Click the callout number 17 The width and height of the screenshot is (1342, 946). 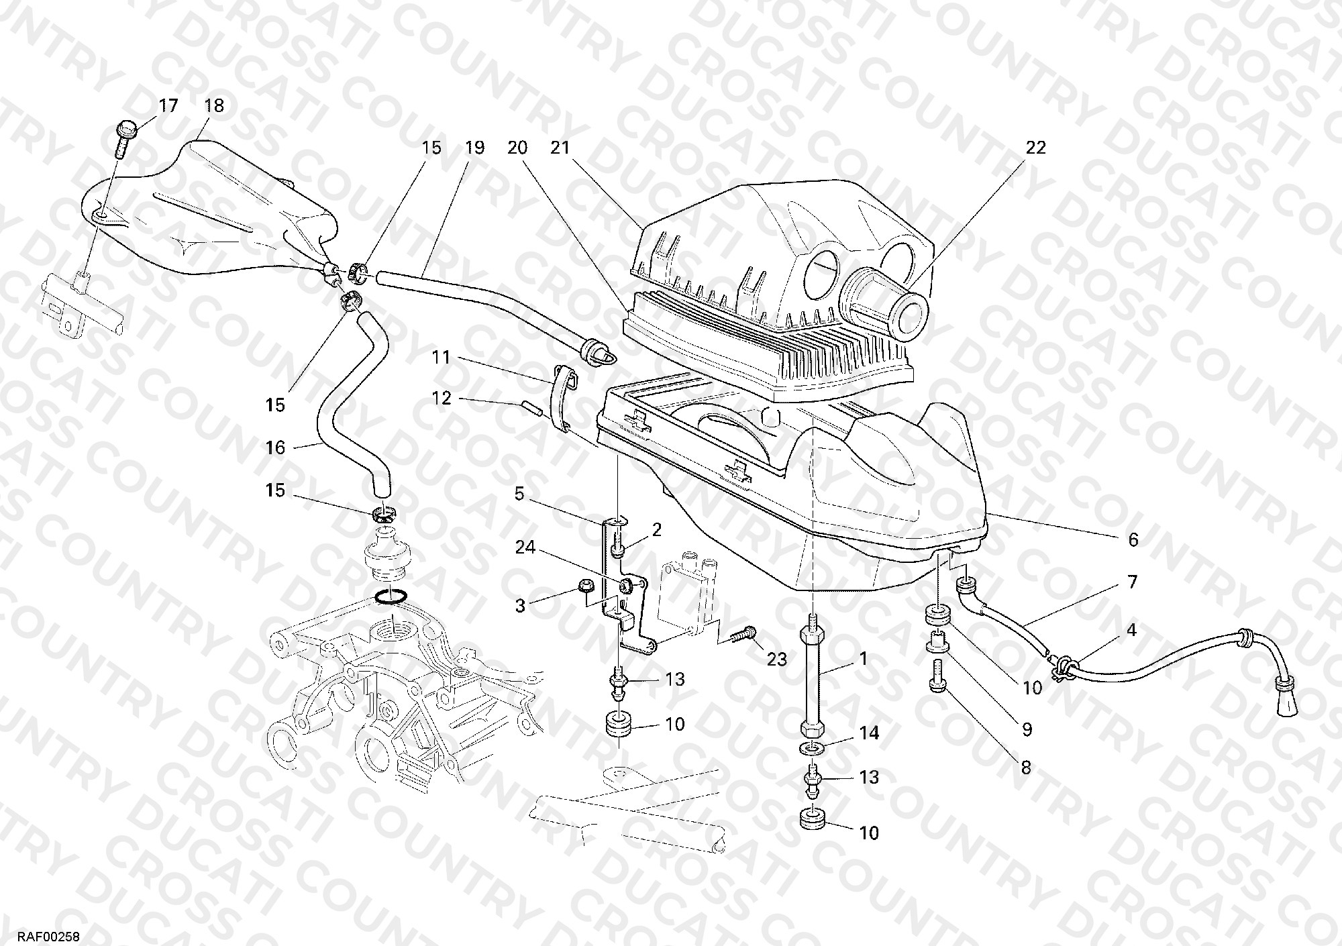(168, 106)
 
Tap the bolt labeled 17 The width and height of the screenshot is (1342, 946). (124, 140)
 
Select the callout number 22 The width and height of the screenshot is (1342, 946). (1035, 148)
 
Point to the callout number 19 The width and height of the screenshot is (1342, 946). (474, 148)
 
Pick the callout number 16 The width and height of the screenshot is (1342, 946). (276, 448)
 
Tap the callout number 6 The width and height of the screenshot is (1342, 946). (1133, 539)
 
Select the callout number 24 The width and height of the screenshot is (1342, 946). (525, 548)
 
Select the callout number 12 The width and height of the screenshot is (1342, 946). (441, 399)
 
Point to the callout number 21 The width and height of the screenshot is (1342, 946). (560, 148)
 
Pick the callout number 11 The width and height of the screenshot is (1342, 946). (440, 358)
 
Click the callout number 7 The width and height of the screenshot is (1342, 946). (1132, 582)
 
